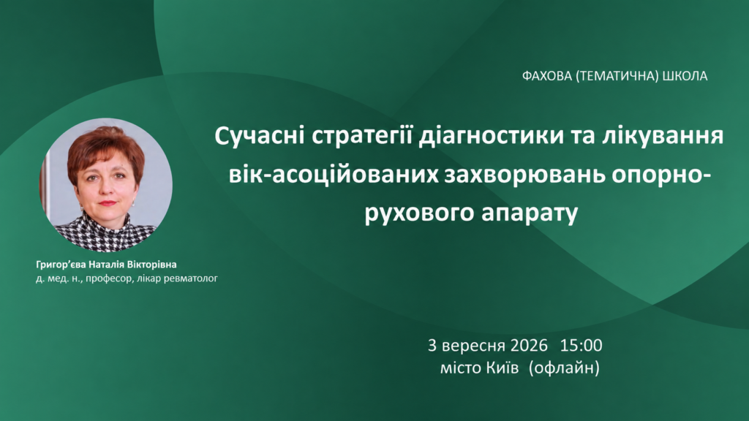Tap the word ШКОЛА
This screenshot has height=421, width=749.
[685, 76]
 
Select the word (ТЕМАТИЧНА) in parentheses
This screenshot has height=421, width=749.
[617, 76]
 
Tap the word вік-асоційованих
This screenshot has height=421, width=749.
[334, 175]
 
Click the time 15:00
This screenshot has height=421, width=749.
[581, 345]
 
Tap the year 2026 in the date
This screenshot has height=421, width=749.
[529, 345]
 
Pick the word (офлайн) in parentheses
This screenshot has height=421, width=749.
[564, 368]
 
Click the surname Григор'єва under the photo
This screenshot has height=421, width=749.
[61, 265]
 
